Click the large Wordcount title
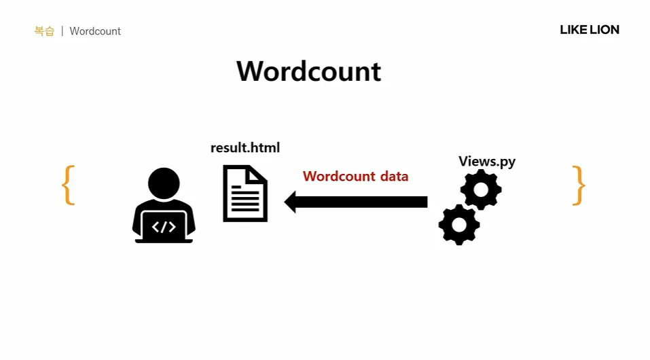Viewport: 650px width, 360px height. click(308, 71)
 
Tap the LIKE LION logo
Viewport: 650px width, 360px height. click(589, 30)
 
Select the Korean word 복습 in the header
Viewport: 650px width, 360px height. click(44, 31)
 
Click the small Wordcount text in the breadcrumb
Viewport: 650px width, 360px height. click(95, 31)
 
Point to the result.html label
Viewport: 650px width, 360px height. click(245, 148)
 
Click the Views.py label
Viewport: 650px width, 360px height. click(487, 161)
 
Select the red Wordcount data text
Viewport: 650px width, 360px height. click(355, 177)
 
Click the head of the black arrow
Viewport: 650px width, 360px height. click(293, 202)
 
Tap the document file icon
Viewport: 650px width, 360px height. click(245, 194)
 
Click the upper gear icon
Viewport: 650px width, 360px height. click(482, 190)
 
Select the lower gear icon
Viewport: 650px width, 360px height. click(459, 224)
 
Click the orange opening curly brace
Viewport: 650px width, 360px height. click(68, 185)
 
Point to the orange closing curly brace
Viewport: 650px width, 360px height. click(578, 185)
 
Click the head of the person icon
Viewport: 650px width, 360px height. click(164, 183)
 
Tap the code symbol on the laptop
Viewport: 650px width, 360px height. click(164, 227)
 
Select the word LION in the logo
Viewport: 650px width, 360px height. click(604, 30)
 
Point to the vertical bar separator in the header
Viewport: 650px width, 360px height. click(62, 31)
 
